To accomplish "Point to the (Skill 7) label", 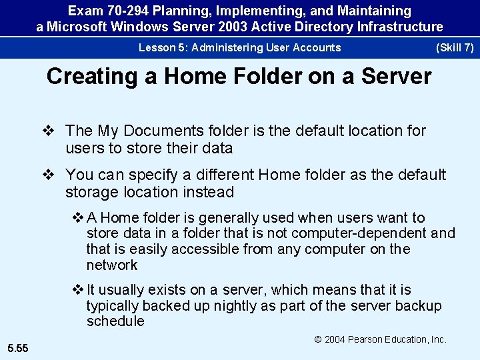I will point(454,47).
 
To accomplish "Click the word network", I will point(111,265).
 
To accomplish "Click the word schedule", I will point(115,321).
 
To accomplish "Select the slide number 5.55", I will point(18,347).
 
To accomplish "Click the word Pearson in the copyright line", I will point(371,339).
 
